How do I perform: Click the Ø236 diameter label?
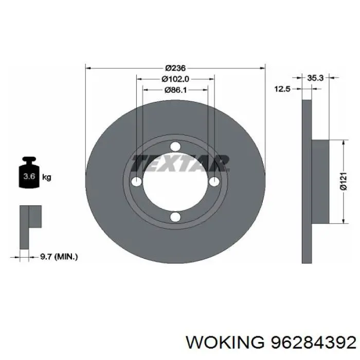point(175,68)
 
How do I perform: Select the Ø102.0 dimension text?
point(175,79)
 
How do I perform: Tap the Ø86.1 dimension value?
point(175,90)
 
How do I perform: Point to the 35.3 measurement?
point(315,78)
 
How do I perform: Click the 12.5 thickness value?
point(283,89)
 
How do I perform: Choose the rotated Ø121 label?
point(344,181)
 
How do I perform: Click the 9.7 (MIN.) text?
point(59,257)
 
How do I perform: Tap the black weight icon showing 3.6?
point(29,172)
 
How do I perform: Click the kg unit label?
point(47,177)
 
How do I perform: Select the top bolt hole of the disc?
point(175,147)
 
